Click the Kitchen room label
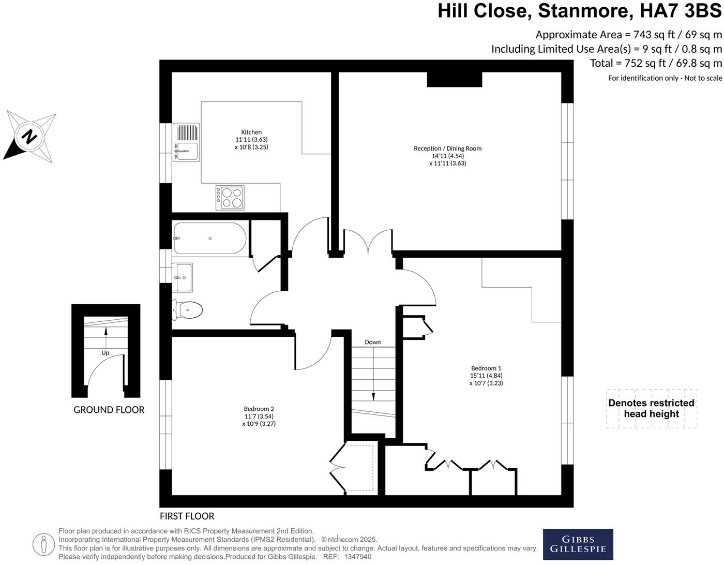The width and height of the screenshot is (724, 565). [x=251, y=132]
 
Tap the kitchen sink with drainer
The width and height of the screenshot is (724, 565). [x=186, y=143]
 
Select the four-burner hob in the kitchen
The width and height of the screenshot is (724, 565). [x=230, y=198]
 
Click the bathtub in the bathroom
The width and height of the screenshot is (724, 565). [x=210, y=239]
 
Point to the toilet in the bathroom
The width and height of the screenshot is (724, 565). [x=188, y=310]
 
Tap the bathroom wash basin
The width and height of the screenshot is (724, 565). [x=183, y=277]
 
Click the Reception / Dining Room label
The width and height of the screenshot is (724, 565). [x=447, y=148]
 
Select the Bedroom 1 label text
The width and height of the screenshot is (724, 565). [x=486, y=368]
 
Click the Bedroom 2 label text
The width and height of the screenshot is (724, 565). [x=259, y=409]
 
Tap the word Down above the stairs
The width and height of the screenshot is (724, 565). [x=372, y=342]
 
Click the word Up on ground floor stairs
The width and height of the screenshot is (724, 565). [x=105, y=353]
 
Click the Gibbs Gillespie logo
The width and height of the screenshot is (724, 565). [x=578, y=544]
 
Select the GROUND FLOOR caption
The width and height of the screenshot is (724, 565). [x=109, y=410]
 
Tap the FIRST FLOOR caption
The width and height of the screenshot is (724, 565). [x=187, y=516]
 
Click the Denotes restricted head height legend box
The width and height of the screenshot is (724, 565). [x=651, y=408]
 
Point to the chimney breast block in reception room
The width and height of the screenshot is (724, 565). [x=454, y=79]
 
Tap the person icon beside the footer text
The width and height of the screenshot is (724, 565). [x=43, y=544]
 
